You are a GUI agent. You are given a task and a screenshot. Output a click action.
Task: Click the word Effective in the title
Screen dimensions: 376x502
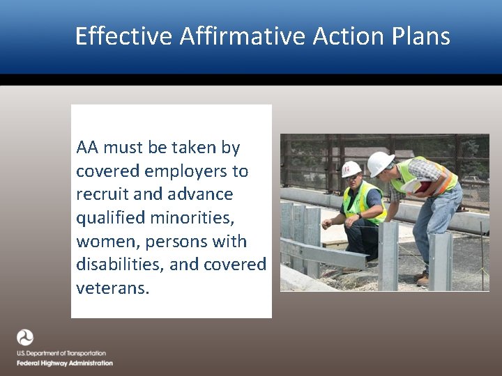point(123,36)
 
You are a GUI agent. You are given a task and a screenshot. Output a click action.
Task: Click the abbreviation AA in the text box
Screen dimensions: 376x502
point(88,148)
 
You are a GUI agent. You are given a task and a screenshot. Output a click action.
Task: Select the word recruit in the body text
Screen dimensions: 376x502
point(102,194)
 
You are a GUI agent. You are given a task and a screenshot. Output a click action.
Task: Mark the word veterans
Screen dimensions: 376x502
point(112,288)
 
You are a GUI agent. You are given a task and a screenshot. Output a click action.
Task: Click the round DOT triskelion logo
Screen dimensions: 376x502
point(25,338)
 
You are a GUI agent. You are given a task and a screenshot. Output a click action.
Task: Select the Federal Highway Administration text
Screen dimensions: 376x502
point(65,363)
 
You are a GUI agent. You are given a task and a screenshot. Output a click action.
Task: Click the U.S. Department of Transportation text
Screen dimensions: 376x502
point(61,354)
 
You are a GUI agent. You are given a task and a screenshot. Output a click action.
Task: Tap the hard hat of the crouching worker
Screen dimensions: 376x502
point(351,169)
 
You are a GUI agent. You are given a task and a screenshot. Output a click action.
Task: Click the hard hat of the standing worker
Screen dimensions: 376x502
point(380,163)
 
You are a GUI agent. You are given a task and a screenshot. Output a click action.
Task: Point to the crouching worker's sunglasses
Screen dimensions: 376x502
point(353,178)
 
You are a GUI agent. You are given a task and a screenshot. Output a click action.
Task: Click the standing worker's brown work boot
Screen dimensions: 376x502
point(423,279)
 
